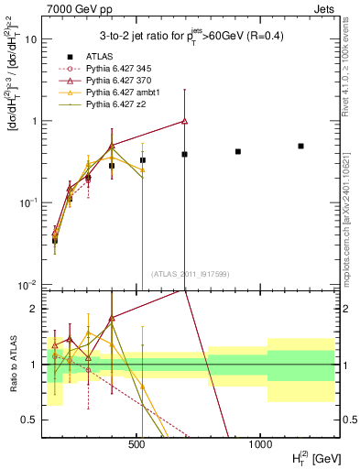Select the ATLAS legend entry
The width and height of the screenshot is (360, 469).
[91, 56]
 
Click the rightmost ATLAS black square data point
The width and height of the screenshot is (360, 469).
[300, 146]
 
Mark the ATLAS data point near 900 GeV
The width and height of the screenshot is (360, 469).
[238, 151]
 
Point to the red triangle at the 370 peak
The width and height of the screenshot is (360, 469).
[185, 121]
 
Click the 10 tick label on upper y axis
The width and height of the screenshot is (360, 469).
[30, 40]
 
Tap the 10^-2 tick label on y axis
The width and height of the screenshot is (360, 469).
[27, 285]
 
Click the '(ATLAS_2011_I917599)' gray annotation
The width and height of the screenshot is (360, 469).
[189, 273]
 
